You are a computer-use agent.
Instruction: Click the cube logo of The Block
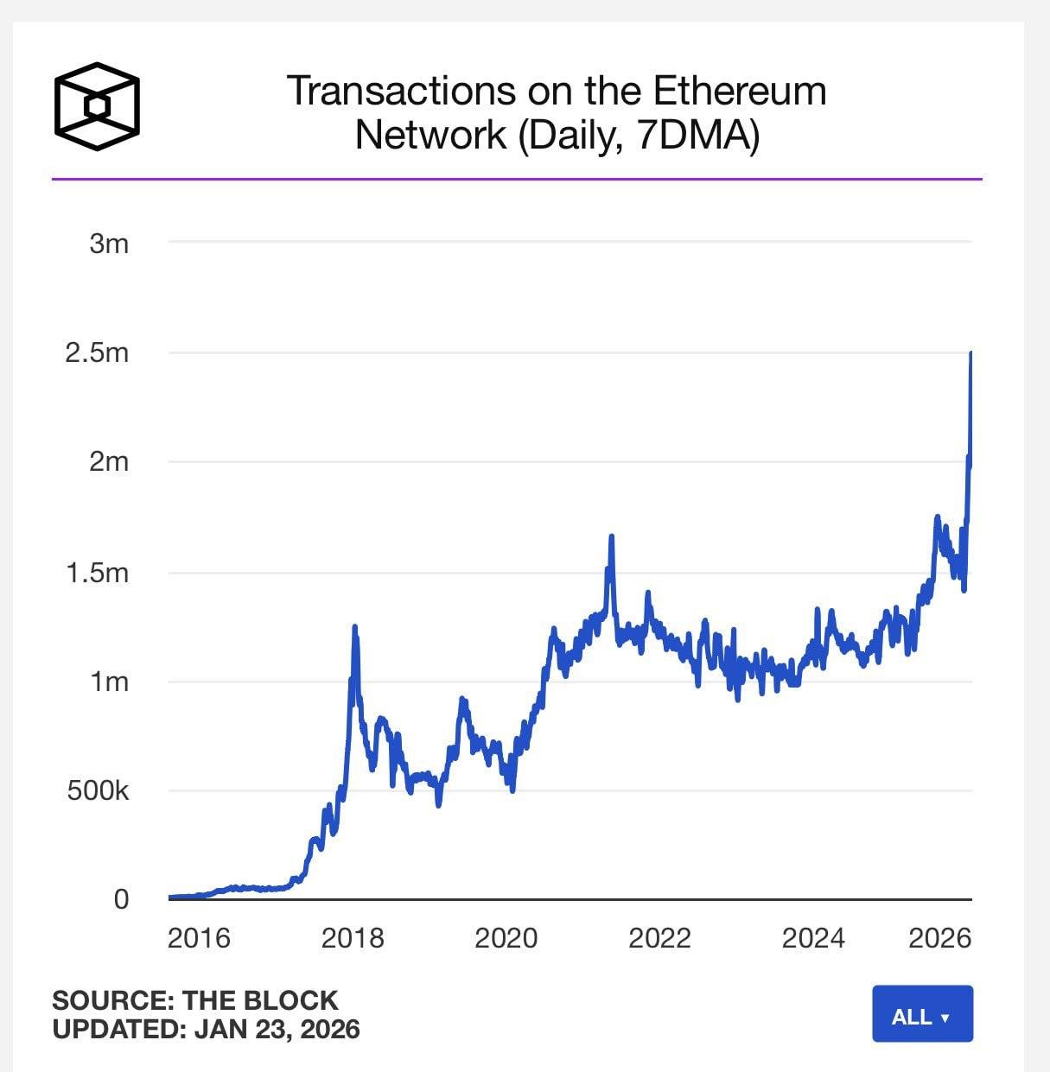tap(97, 106)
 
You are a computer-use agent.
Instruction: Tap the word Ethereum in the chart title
tap(739, 91)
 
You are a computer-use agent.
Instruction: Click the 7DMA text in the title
tap(689, 135)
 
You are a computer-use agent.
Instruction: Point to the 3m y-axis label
tap(109, 244)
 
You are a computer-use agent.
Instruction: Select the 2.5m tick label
tap(97, 352)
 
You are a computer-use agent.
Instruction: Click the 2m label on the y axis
tap(109, 461)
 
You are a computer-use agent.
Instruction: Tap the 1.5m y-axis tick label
tap(97, 572)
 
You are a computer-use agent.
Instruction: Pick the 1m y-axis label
tap(109, 682)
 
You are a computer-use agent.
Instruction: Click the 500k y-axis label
tap(98, 790)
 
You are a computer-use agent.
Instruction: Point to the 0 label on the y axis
tap(121, 899)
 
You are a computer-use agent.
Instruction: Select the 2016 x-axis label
tap(199, 938)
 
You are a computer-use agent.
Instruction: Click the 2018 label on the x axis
tap(353, 938)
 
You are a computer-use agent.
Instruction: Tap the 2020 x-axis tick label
tap(506, 938)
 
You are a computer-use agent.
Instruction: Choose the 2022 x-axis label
tap(659, 938)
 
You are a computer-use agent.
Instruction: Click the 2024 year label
tap(812, 938)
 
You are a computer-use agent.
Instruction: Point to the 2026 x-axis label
tap(939, 938)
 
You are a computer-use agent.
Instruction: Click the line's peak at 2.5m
tap(970, 353)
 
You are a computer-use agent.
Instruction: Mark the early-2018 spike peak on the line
tap(354, 626)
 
